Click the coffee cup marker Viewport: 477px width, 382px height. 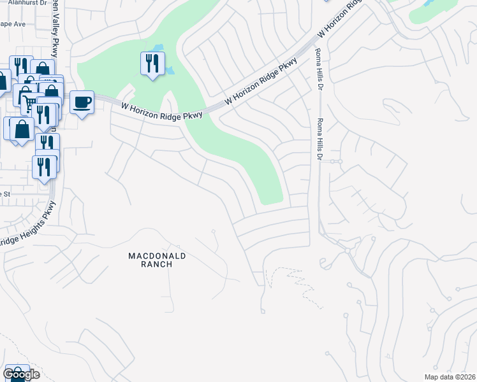coord(82,103)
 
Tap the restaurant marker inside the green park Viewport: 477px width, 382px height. coord(152,64)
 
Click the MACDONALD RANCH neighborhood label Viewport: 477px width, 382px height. coord(150,260)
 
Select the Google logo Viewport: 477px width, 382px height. coord(22,374)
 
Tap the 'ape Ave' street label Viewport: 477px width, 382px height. coord(12,24)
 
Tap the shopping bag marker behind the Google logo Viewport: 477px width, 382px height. coord(18,372)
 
